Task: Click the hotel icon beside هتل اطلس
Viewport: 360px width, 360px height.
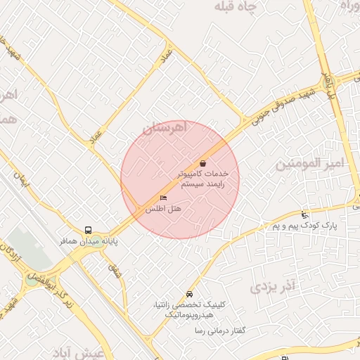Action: [x=164, y=198]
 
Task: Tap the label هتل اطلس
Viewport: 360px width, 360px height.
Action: [x=163, y=209]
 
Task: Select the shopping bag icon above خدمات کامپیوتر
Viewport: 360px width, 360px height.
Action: [x=203, y=162]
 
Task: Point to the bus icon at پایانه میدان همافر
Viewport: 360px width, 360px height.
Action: [x=88, y=230]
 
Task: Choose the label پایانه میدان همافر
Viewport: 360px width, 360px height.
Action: [x=88, y=240]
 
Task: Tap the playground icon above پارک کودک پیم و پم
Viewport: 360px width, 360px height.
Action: [x=304, y=214]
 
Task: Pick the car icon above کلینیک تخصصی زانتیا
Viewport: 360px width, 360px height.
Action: [x=188, y=294]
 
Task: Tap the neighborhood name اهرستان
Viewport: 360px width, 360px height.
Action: [x=167, y=128]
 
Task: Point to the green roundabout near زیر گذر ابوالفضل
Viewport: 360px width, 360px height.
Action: [x=32, y=279]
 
